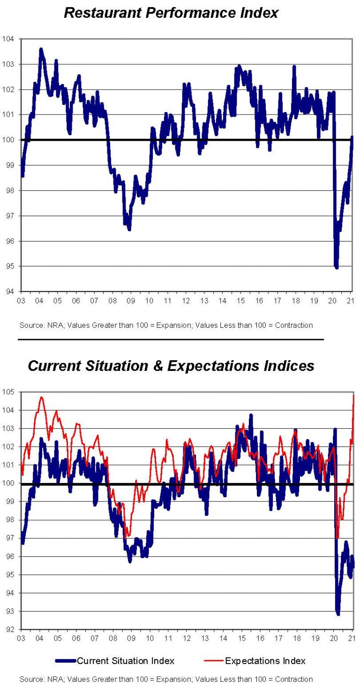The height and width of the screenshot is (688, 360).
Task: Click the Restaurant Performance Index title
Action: click(x=171, y=13)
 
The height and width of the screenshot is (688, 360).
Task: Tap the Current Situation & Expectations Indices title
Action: click(x=171, y=366)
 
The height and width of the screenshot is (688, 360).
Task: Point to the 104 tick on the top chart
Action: click(x=10, y=39)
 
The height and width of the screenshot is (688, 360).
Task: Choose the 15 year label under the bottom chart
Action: click(x=241, y=638)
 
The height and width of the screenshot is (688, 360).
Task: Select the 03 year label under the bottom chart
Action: click(x=21, y=638)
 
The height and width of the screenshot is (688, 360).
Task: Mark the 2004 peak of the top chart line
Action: click(x=41, y=49)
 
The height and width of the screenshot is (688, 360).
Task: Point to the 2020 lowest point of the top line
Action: click(x=337, y=267)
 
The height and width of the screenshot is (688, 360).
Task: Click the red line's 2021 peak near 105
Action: click(x=353, y=395)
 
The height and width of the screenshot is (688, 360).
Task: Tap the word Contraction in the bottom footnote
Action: click(x=293, y=679)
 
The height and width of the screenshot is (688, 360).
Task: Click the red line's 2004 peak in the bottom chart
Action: click(x=41, y=397)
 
